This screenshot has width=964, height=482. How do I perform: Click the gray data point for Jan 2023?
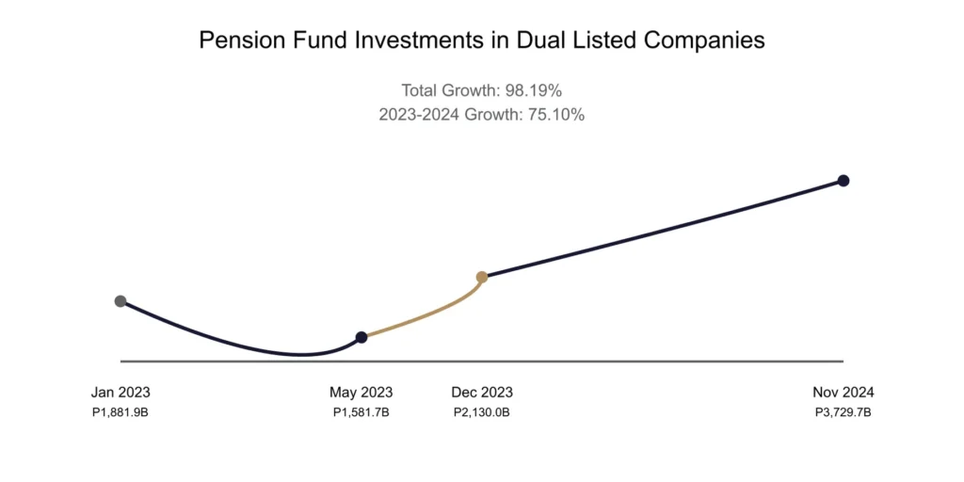pos(120,301)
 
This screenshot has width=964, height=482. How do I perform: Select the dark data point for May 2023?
pos(361,337)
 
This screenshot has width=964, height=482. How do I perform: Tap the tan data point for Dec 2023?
pos(482,277)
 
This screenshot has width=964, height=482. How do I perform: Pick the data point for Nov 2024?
pos(843,181)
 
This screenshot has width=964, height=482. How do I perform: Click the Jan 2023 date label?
pos(120,393)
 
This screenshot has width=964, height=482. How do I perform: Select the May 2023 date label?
pos(361,393)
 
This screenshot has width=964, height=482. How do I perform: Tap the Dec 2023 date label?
pos(482,393)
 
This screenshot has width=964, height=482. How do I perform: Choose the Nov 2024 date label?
pos(843,393)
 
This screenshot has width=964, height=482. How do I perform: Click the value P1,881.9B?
pos(120,412)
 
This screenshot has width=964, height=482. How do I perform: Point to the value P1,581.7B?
pos(361,412)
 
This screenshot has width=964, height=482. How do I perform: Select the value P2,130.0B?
pos(482,412)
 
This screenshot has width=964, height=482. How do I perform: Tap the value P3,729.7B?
pos(843,412)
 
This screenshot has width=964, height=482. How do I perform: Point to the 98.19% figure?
pos(533,91)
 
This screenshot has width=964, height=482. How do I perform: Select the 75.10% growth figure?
pos(556,114)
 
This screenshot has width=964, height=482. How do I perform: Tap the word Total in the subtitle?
pos(419,91)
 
